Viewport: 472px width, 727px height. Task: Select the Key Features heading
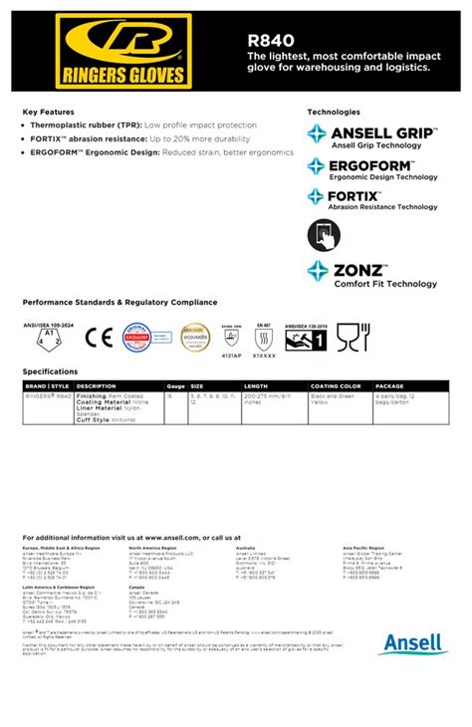pyautogui.click(x=49, y=112)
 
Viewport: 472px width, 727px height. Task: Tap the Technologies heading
pyautogui.click(x=334, y=112)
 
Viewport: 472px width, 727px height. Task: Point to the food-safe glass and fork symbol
pyautogui.click(x=347, y=339)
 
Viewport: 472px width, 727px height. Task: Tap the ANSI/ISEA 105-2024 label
pyautogui.click(x=48, y=324)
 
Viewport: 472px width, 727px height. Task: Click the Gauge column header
pyautogui.click(x=176, y=385)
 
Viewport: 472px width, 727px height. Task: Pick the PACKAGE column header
pyautogui.click(x=389, y=385)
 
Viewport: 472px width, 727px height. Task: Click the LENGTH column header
pyautogui.click(x=256, y=385)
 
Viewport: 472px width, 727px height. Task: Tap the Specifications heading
pyautogui.click(x=50, y=370)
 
